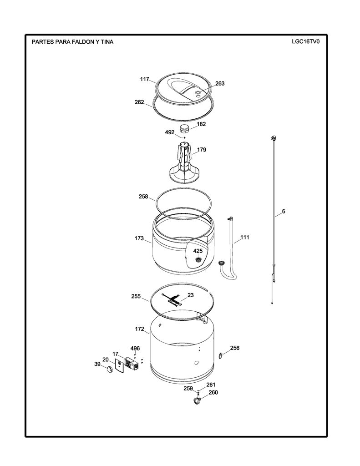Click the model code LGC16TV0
305,41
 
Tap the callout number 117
144,79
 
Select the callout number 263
220,84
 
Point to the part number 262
139,102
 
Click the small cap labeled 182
184,129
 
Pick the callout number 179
202,150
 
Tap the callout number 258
143,197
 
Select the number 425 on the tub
198,251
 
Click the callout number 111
245,238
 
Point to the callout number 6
284,212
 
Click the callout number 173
139,238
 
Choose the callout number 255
136,297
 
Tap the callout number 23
191,295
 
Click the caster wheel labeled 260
197,402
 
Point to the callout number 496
135,349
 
